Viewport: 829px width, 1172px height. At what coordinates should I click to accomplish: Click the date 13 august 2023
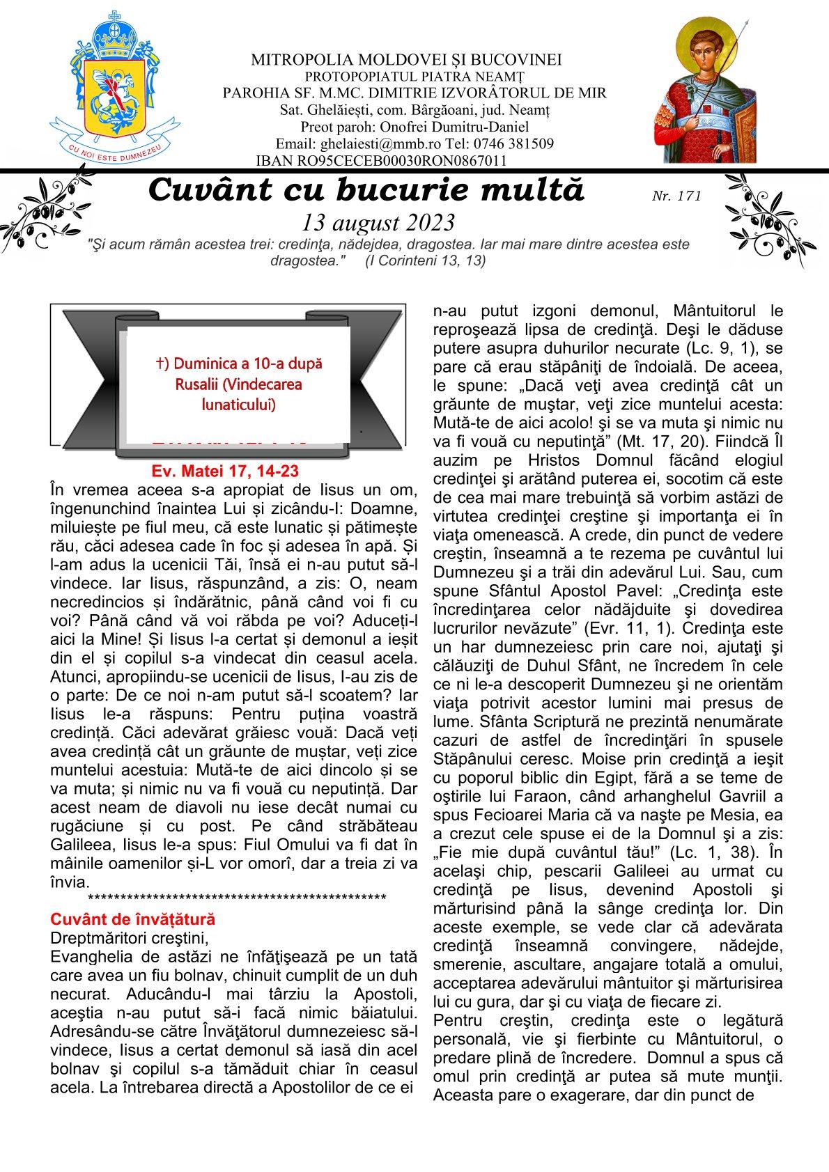tap(378, 222)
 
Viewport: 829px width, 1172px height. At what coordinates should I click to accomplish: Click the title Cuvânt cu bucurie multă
tap(366, 190)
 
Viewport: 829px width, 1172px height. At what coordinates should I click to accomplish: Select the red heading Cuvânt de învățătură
tap(133, 920)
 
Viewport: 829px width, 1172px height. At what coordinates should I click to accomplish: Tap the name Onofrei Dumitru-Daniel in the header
tap(463, 127)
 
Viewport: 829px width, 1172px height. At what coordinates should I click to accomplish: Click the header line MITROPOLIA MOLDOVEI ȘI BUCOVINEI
tap(406, 60)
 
